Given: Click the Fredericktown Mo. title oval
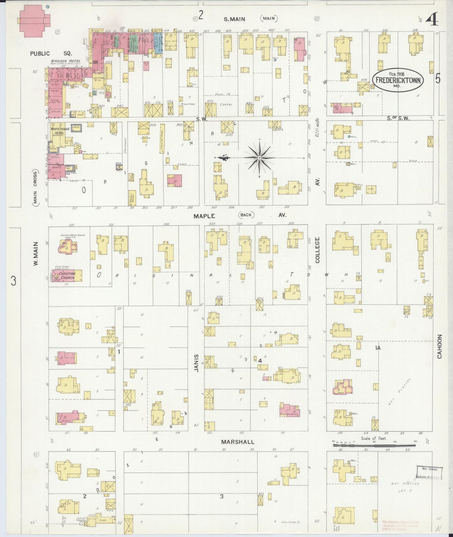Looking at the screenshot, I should pyautogui.click(x=398, y=80).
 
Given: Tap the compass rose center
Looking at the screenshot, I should pyautogui.click(x=259, y=158).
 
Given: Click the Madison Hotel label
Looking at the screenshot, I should pyautogui.click(x=66, y=61).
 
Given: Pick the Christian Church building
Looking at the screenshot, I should pyautogui.click(x=66, y=276).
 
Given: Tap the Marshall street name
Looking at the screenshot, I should pyautogui.click(x=237, y=442).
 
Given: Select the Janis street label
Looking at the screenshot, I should pyautogui.click(x=197, y=363).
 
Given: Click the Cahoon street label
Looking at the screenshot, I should pyautogui.click(x=440, y=346).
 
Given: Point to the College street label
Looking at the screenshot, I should pyautogui.click(x=317, y=250).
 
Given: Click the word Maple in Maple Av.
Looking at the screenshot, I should pyautogui.click(x=204, y=216).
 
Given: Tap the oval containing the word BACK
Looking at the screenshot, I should pyautogui.click(x=246, y=215).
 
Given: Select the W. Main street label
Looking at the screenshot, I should pyautogui.click(x=36, y=254).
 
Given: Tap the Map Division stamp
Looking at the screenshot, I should pyautogui.click(x=429, y=473).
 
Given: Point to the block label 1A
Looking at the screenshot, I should pyautogui.click(x=378, y=348).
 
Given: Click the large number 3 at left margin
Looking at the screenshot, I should pyautogui.click(x=13, y=281).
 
